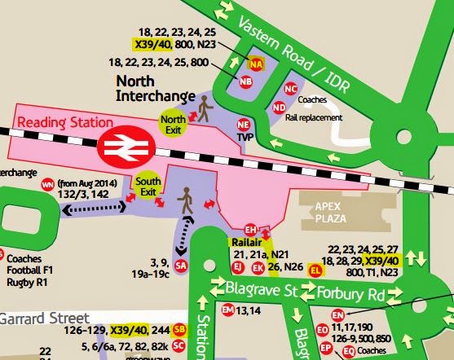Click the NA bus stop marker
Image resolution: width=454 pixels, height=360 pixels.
point(257,62)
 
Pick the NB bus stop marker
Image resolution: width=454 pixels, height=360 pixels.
point(245,81)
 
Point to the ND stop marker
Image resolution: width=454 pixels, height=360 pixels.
point(279,107)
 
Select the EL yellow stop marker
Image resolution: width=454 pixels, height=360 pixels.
point(316,270)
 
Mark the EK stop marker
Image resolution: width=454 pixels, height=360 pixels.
point(258,266)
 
